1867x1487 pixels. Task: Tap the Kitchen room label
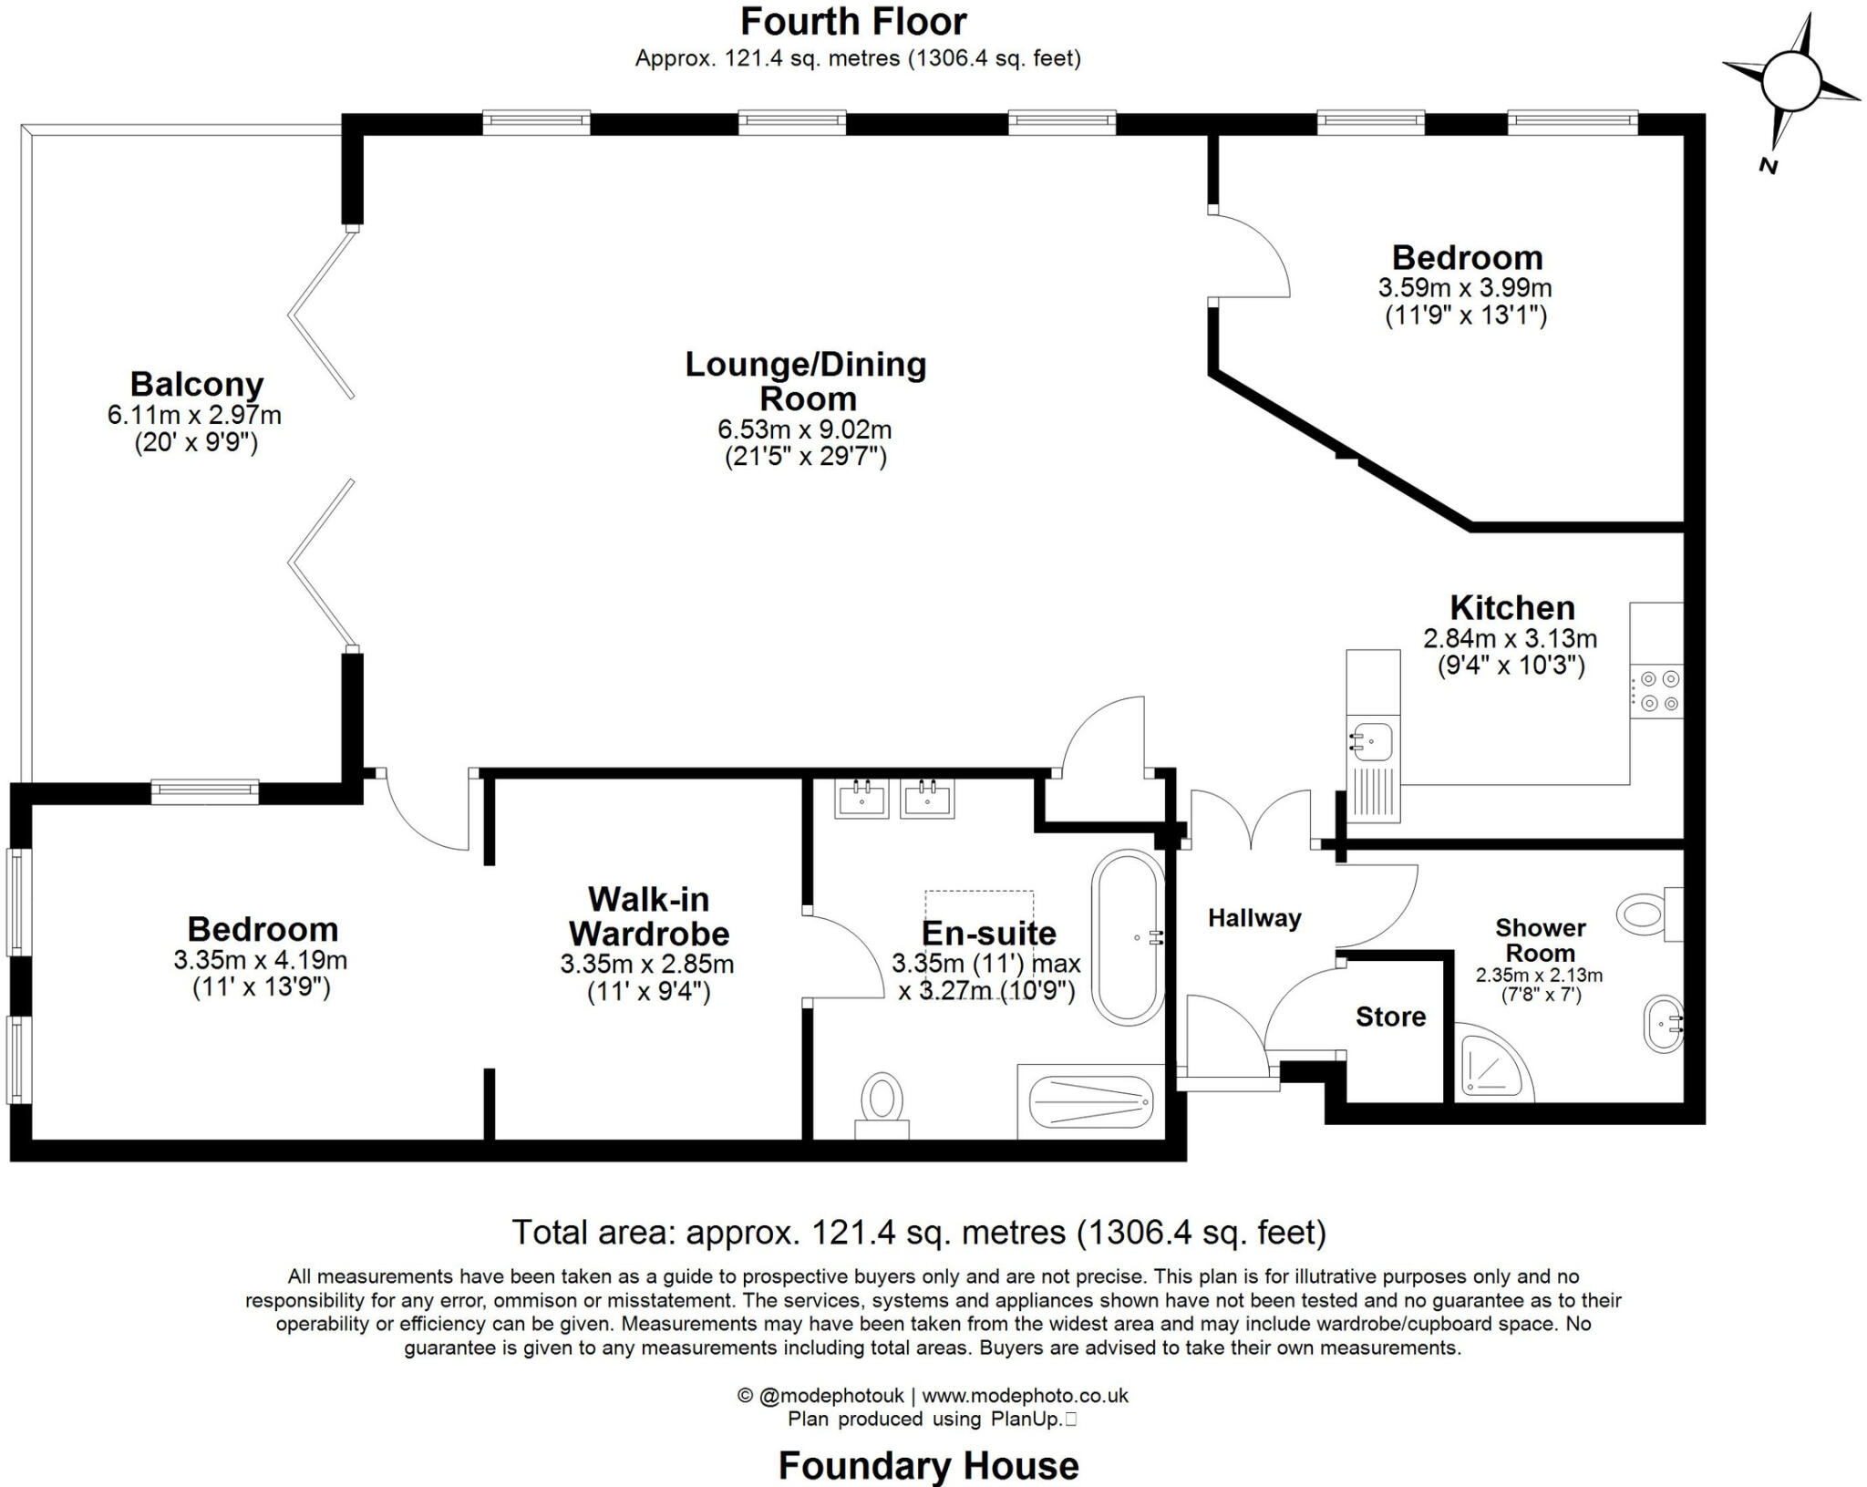tap(1511, 607)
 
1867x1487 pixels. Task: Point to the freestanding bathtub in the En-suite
tap(1128, 937)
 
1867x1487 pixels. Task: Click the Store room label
tap(1390, 1017)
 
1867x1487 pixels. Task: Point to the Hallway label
tap(1254, 918)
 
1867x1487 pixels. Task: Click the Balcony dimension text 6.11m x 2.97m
tap(194, 416)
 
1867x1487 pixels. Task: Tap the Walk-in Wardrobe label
tap(648, 916)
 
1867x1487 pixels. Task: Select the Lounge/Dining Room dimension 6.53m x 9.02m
tap(805, 429)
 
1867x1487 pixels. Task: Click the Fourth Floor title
tap(854, 22)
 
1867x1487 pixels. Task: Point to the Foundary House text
tap(928, 1465)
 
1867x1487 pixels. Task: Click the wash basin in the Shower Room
tap(1664, 1025)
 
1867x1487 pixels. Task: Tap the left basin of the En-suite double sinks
tap(861, 799)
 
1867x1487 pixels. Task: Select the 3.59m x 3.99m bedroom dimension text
tap(1464, 288)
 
